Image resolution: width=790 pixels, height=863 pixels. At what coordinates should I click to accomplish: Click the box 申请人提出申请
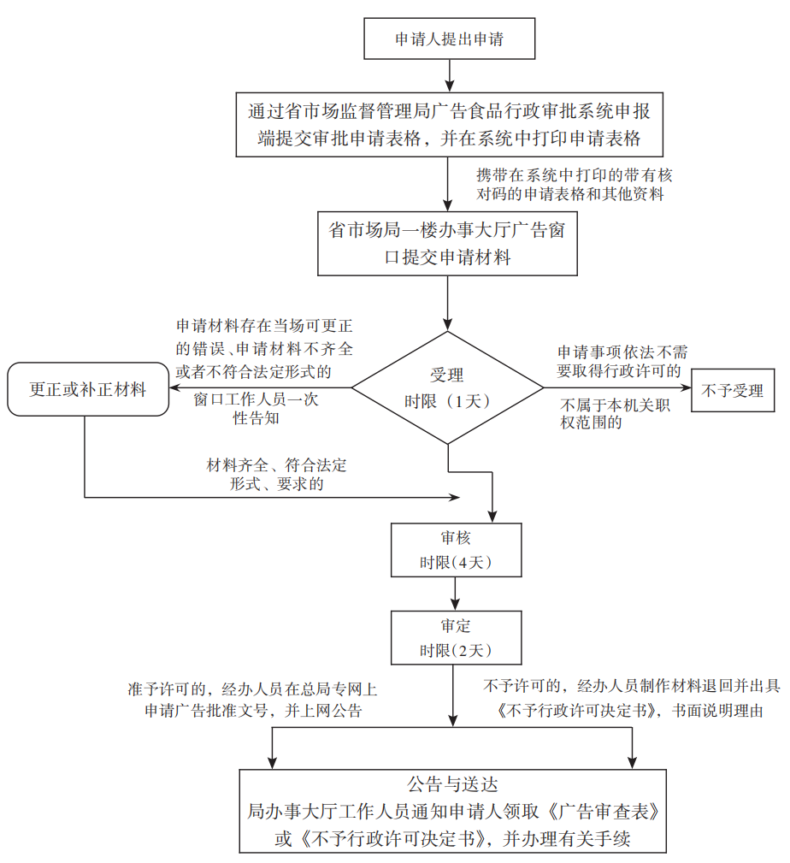[x=448, y=39]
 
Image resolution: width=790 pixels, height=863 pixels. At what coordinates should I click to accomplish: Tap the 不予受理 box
[x=732, y=390]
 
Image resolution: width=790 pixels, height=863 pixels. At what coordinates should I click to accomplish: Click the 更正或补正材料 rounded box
[x=87, y=390]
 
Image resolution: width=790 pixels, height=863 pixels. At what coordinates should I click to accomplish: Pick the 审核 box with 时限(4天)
[x=455, y=549]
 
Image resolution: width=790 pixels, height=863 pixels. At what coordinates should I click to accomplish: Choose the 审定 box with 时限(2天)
[x=455, y=637]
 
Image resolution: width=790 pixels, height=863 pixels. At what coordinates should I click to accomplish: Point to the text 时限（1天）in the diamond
[x=448, y=402]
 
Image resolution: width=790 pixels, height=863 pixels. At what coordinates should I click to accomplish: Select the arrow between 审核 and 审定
[x=455, y=593]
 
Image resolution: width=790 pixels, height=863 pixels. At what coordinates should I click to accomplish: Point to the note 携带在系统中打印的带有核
[x=575, y=174]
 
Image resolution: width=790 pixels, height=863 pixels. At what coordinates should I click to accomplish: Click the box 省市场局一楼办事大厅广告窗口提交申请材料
[x=448, y=243]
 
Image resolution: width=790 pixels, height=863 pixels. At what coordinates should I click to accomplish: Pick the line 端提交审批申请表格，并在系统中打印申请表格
[x=450, y=138]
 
